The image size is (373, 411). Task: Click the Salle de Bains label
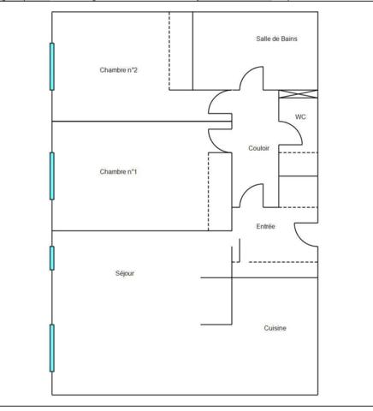[276, 39]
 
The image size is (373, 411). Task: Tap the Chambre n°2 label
[118, 70]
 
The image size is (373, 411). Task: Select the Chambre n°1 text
[118, 171]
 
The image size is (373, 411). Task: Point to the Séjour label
[125, 273]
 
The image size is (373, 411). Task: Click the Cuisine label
[275, 328]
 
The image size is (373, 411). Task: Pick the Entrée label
[265, 226]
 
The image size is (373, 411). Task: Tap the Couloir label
[259, 148]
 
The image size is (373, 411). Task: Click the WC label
[300, 116]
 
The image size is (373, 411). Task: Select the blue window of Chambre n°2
[52, 67]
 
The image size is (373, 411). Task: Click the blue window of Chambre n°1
[52, 176]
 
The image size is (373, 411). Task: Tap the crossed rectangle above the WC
[298, 94]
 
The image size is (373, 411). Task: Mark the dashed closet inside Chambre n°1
[220, 192]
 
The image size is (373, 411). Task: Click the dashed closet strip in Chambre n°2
[181, 51]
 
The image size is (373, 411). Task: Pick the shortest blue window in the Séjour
[52, 258]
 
